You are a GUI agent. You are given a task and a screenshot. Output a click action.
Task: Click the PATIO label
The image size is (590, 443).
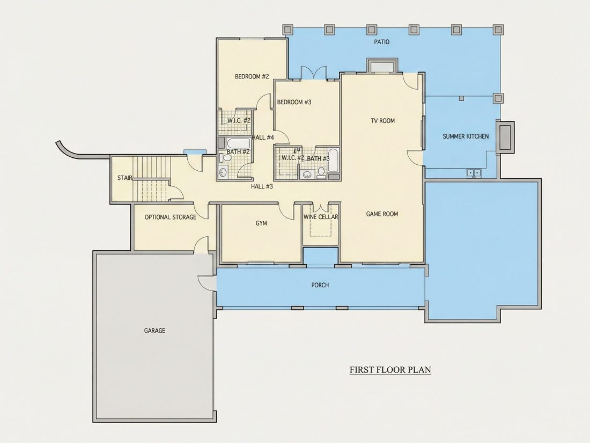pos(381,42)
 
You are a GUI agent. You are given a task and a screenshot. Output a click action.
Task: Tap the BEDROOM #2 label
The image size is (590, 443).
pos(252,76)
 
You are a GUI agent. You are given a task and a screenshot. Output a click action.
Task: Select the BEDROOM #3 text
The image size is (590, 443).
pos(294,102)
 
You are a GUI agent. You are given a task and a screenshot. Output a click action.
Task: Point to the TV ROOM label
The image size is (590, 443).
pos(382,120)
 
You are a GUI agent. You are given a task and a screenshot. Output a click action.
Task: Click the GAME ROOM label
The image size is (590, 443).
pos(382,214)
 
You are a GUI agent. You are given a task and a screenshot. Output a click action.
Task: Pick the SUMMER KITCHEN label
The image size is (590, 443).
pos(466,136)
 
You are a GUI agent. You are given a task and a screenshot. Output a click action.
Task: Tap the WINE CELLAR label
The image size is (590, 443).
pos(321,217)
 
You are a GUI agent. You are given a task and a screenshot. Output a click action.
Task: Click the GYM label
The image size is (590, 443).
pos(261,223)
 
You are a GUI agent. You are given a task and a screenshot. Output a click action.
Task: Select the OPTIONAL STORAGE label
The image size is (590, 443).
pos(170,217)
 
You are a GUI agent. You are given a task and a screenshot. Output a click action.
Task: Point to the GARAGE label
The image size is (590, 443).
pos(154,331)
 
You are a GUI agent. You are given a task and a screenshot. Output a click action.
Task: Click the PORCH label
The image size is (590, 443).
pos(320,285)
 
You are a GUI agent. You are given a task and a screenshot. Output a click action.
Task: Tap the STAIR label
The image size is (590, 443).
pos(124,178)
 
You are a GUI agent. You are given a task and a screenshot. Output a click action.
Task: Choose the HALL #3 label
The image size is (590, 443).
pos(262,186)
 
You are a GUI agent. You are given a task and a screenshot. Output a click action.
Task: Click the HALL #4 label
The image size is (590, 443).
pos(263,137)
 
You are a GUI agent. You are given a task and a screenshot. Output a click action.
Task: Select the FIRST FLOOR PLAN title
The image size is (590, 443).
pos(390,369)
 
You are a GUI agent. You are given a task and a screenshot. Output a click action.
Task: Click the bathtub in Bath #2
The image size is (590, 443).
pos(238,144)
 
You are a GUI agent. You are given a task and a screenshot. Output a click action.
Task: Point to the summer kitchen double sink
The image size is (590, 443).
pos(474,173)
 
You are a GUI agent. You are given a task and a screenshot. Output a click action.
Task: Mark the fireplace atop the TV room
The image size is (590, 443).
pos(381,66)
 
